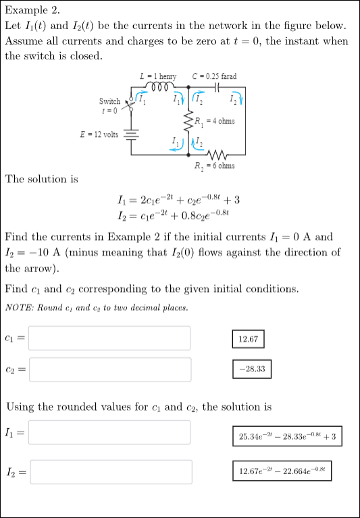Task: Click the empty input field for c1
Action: tap(109, 338)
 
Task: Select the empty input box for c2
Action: tap(109, 369)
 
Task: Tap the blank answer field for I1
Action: tap(109, 432)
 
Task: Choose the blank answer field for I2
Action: tap(109, 472)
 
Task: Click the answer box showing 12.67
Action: tap(248, 338)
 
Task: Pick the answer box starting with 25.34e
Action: tap(288, 436)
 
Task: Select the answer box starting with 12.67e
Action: tap(286, 471)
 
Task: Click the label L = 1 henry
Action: tap(157, 77)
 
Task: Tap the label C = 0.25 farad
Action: tap(214, 77)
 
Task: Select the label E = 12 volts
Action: tap(99, 134)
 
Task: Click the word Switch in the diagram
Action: tap(109, 101)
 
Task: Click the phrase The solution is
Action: tap(41, 179)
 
